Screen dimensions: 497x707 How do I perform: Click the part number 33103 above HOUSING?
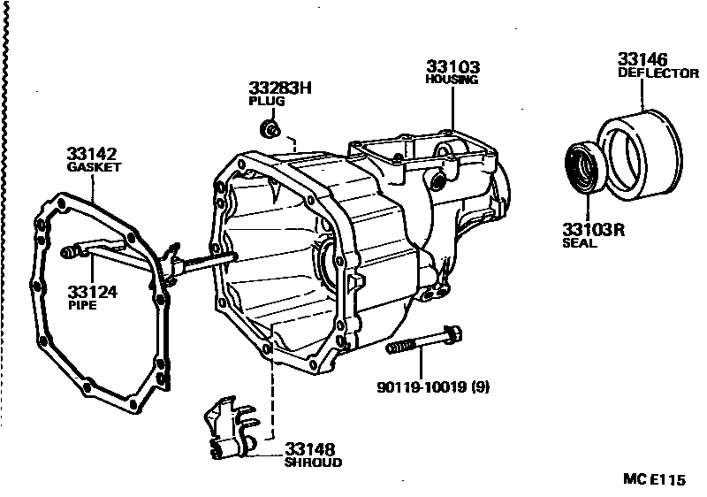point(452,66)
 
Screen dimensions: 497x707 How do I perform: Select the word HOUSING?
point(452,80)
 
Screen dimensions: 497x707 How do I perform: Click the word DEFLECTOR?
point(658,74)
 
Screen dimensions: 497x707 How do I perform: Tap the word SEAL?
point(579,243)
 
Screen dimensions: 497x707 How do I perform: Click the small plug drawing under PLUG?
point(269,131)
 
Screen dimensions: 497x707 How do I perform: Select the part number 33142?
point(91,152)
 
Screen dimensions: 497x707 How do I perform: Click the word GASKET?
point(94,166)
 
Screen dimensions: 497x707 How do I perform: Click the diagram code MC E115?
point(654,480)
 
